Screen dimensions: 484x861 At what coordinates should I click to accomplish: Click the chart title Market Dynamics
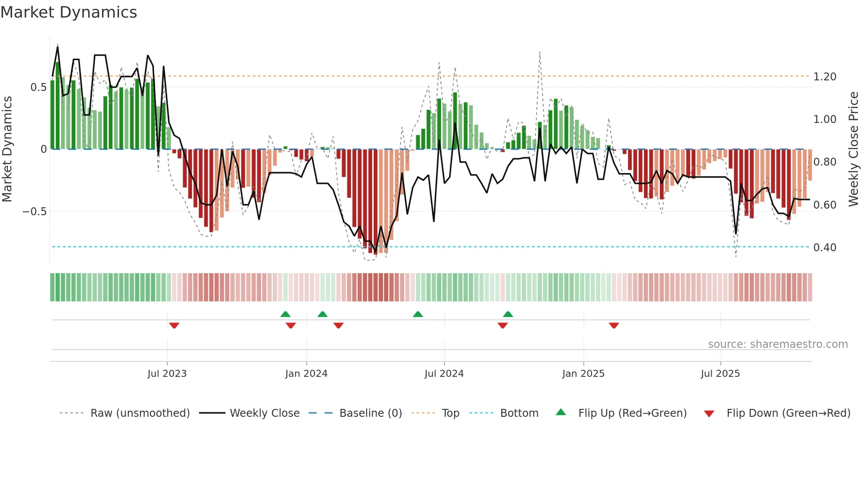tap(69, 12)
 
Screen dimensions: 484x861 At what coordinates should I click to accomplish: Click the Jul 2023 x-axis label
tap(167, 374)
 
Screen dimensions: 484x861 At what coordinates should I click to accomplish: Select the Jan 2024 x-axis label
tap(306, 374)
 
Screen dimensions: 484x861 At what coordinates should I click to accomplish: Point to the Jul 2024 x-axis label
tap(444, 374)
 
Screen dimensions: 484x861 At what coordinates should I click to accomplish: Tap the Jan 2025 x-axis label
tap(583, 374)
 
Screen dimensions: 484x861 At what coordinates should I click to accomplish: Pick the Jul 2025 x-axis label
tap(720, 374)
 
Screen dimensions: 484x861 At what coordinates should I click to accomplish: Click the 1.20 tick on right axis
tap(825, 77)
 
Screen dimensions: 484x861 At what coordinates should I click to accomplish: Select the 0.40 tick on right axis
tap(825, 248)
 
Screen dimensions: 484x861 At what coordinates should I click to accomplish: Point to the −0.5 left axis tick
tap(34, 212)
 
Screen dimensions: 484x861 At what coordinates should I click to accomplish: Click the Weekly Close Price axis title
tap(854, 149)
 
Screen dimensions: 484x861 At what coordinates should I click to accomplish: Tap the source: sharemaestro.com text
tap(778, 344)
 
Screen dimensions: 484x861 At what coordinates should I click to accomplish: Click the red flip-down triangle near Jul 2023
tap(174, 325)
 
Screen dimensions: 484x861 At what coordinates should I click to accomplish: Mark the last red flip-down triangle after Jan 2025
tap(614, 325)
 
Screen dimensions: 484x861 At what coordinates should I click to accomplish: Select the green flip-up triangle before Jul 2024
tap(418, 314)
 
